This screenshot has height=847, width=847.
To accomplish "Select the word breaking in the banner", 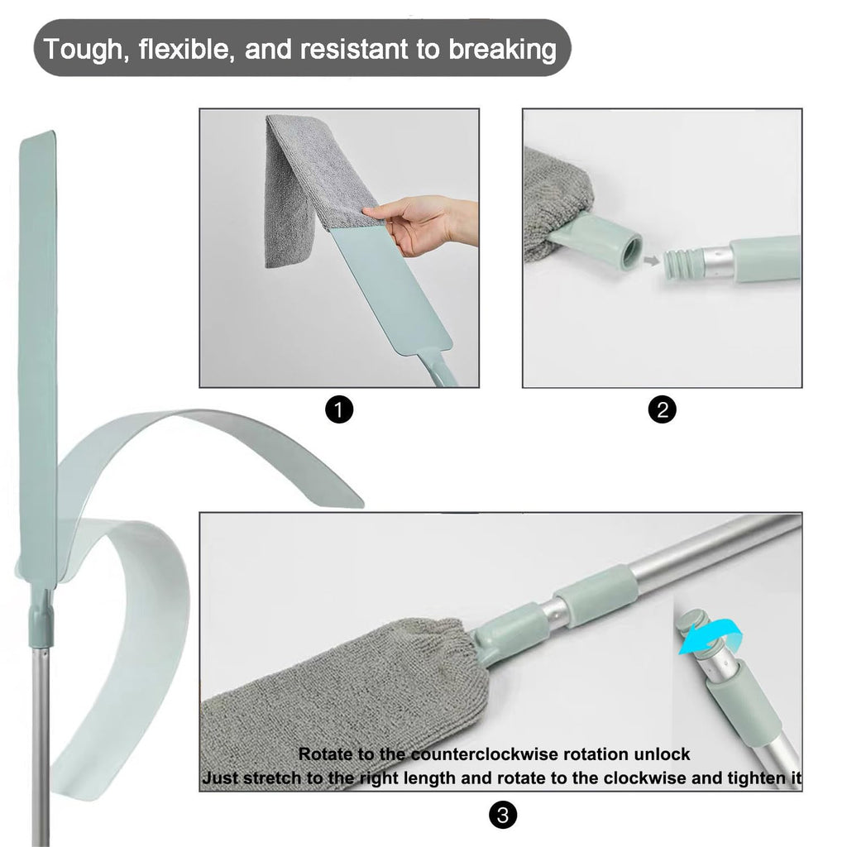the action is pos(502,50).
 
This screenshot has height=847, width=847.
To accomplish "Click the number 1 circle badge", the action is pos(338,410).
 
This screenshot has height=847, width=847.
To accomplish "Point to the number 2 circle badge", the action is pos(662,410).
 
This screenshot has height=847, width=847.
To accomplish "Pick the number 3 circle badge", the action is pos(502,815).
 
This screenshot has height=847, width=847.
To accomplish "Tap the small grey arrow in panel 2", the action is pos(652,261).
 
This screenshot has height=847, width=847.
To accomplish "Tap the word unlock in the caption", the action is pos(662,754).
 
